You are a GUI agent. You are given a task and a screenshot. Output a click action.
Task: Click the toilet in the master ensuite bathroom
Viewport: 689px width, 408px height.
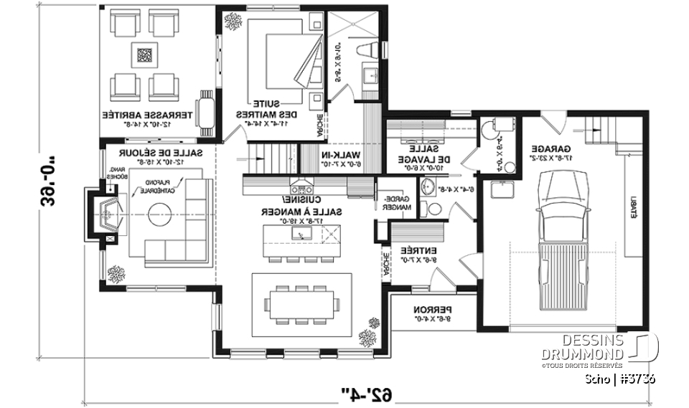(x=367, y=50)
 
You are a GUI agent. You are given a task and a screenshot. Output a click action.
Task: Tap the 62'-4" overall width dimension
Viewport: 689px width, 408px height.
(x=366, y=393)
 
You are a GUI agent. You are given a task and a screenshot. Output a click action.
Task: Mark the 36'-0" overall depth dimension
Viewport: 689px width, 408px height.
(x=35, y=180)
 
